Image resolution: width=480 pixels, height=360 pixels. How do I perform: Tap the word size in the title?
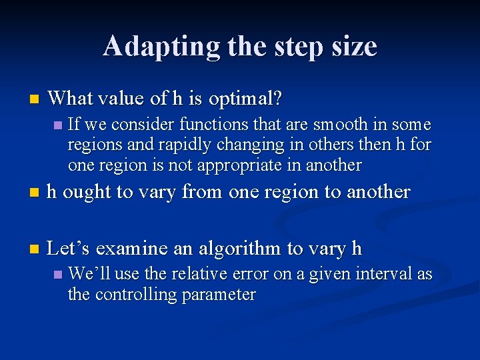[x=352, y=47]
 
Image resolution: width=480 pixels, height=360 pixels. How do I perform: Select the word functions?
[x=201, y=125]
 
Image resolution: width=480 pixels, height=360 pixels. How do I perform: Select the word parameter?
[x=223, y=295]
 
